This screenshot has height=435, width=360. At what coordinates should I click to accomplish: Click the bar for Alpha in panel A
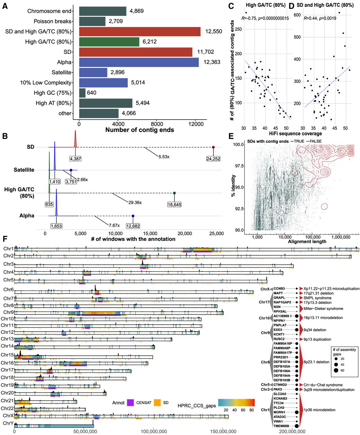[139, 62]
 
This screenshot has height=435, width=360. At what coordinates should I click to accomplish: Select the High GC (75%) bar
[82, 93]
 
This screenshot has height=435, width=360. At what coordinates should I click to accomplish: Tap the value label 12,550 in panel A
[214, 32]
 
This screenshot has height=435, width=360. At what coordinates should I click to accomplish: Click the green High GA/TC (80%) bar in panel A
[109, 42]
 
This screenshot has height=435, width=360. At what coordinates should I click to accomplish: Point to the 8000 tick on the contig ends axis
[157, 124]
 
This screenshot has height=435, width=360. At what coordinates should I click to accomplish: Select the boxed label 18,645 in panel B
[174, 205]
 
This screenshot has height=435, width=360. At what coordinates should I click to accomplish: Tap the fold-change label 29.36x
[135, 203]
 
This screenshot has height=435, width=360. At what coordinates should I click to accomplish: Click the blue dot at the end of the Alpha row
[133, 216]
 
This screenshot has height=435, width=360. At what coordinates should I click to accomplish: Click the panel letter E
[231, 136]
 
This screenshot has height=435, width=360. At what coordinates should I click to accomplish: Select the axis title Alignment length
[307, 241]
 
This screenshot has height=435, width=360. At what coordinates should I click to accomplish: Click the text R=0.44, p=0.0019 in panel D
[320, 18]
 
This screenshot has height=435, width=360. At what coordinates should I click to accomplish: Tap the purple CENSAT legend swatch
[131, 403]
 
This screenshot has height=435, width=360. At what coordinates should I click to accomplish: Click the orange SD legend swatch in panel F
[157, 403]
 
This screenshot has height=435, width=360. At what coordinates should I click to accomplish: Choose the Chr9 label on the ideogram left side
[8, 312]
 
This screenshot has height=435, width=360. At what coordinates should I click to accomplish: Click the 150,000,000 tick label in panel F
[223, 431]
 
